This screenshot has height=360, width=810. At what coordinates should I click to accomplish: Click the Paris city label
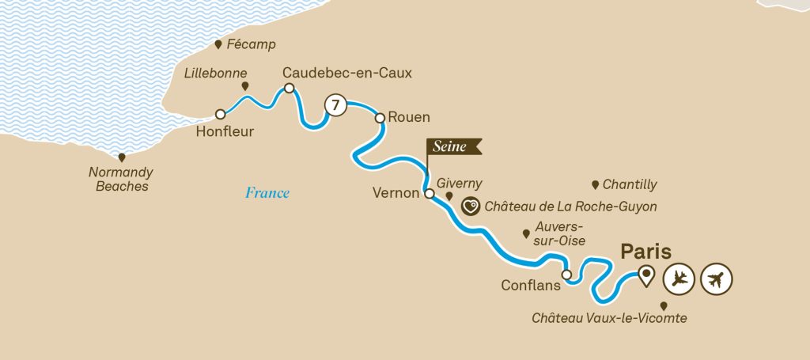tap(645, 252)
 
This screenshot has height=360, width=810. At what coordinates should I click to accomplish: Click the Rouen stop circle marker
tap(380, 118)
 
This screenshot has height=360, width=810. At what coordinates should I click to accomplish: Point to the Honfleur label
tap(225, 132)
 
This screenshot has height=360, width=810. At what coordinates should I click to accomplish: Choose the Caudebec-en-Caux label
tap(347, 73)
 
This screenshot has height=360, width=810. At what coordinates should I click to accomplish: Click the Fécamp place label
tap(251, 45)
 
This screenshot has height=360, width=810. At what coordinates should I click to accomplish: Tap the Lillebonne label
tap(210, 72)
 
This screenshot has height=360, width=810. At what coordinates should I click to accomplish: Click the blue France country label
tap(267, 193)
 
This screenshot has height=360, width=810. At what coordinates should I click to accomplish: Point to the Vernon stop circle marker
tap(430, 193)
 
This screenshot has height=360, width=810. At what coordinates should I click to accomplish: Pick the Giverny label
tap(460, 184)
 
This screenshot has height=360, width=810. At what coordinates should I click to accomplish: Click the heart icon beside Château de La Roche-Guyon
tap(471, 207)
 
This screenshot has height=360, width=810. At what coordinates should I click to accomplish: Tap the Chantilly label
tap(630, 185)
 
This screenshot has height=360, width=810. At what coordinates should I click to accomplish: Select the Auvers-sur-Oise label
tap(558, 233)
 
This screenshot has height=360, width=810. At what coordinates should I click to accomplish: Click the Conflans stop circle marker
tap(566, 275)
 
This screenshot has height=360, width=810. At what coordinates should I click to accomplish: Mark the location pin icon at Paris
tap(647, 276)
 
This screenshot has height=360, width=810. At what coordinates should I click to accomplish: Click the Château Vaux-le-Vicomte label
tap(608, 318)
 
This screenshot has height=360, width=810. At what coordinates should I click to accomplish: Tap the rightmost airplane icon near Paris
tap(717, 278)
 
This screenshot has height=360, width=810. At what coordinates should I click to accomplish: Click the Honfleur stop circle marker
tap(220, 115)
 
